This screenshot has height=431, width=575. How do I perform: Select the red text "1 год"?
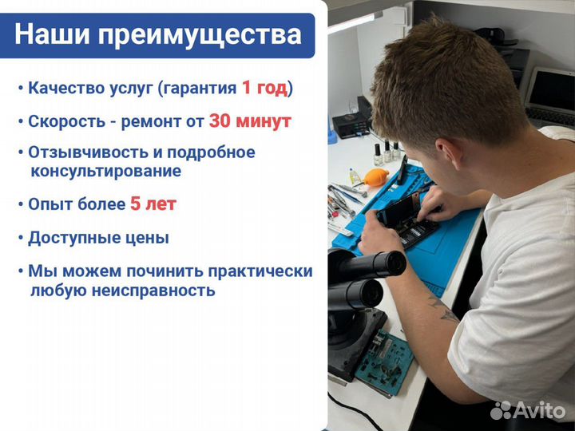tap(264, 88)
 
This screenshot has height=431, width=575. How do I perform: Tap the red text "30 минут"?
tap(249, 121)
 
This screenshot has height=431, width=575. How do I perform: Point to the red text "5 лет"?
tap(153, 204)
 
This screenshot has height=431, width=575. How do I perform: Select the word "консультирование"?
tap(105, 171)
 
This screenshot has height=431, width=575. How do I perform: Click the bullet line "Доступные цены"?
tap(98, 238)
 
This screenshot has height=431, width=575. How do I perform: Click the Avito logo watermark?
tap(528, 410)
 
